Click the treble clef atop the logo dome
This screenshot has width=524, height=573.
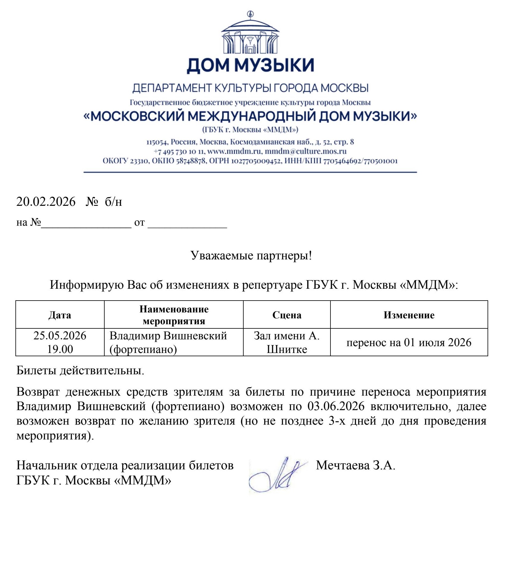point(251,14)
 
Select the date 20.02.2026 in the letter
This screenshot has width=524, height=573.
point(46,202)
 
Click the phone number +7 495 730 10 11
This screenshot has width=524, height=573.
point(179,151)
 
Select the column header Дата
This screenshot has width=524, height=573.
point(60,315)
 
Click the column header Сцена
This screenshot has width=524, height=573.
point(287,315)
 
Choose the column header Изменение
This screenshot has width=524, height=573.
point(409,315)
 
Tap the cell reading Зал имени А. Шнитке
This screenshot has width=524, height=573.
point(287,342)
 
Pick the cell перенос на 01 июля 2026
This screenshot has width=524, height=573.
point(409,342)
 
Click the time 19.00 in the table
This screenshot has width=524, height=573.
point(60,349)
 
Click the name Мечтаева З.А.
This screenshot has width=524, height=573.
point(355,466)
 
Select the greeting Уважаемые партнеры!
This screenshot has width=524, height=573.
point(251,255)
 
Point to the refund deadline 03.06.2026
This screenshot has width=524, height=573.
point(336,406)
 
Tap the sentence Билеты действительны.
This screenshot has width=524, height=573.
point(80,370)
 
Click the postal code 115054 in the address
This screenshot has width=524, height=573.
point(157,142)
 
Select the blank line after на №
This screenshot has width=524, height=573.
point(86,223)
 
